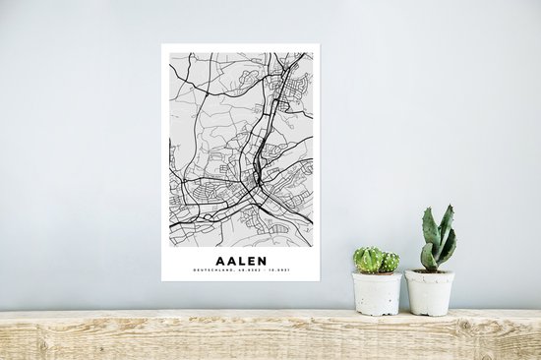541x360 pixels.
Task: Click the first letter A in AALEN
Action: (216, 261)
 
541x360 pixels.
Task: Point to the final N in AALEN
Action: (265, 261)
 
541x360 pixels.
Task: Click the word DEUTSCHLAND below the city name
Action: (212, 271)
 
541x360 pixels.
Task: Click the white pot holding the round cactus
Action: (378, 294)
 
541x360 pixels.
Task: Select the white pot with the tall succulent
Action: (430, 293)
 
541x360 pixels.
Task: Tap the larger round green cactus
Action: (369, 260)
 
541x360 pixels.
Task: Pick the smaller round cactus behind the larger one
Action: (390, 262)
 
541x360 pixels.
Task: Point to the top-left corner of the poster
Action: (162, 44)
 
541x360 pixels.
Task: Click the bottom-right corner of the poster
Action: (319, 280)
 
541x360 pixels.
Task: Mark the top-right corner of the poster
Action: (319, 44)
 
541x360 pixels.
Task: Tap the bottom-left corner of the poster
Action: (162, 280)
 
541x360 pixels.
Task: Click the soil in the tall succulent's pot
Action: (430, 270)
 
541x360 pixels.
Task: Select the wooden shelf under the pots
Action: (270, 335)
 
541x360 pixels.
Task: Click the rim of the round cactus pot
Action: (378, 275)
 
